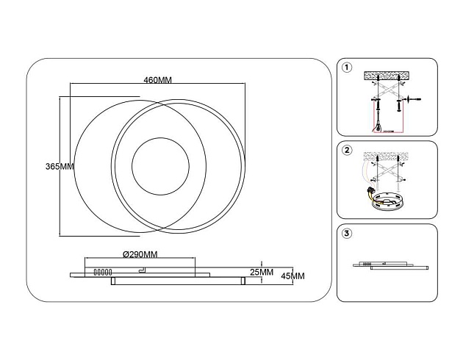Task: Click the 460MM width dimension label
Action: pyautogui.click(x=158, y=79)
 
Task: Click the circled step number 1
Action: pyautogui.click(x=347, y=68)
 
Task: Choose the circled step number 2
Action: pyautogui.click(x=347, y=151)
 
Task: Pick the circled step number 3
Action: pyautogui.click(x=347, y=234)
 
